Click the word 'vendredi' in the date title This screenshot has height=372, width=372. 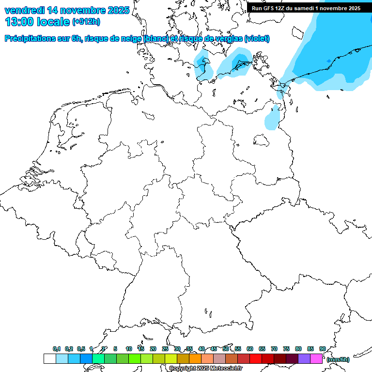pyautogui.click(x=25, y=10)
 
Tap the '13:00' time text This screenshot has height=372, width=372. pyautogui.click(x=19, y=22)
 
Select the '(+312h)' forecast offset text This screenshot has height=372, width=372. pyautogui.click(x=87, y=22)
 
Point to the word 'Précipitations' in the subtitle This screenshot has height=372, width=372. pyautogui.click(x=30, y=39)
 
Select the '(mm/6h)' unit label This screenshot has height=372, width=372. pyautogui.click(x=338, y=359)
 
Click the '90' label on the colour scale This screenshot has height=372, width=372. pyautogui.click(x=322, y=349)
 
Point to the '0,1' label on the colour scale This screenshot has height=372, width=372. pyautogui.click(x=57, y=349)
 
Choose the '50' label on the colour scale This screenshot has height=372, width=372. pyautogui.click(x=226, y=349)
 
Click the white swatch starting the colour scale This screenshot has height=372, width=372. pyautogui.click(x=49, y=358)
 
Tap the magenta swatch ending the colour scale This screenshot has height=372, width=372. pyautogui.click(x=316, y=358)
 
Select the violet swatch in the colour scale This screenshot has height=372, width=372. pyautogui.click(x=304, y=358)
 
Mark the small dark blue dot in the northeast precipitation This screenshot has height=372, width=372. pyautogui.click(x=329, y=61)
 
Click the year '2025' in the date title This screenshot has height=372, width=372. pyautogui.click(x=118, y=10)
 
